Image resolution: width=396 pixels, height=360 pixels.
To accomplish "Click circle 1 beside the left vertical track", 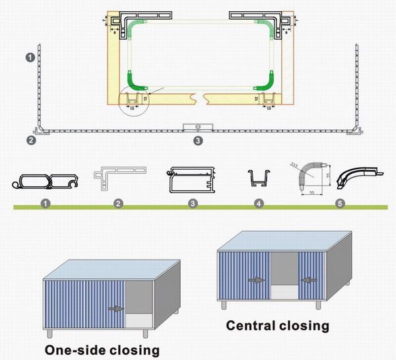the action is [30, 58].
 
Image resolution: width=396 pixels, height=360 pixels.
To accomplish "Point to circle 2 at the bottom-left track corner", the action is [30, 140].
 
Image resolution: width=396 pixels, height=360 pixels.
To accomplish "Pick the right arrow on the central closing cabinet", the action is [306, 279].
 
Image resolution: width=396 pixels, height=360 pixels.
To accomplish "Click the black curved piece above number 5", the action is [358, 177].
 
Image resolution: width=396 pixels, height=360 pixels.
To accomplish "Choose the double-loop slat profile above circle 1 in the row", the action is [46, 180].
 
